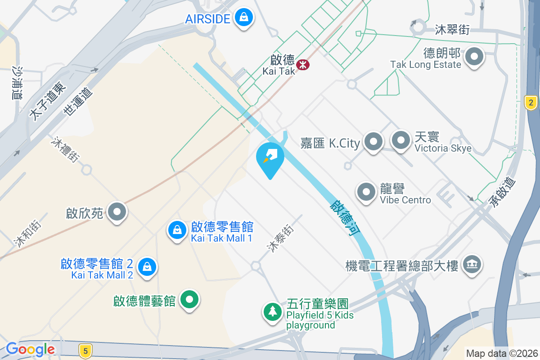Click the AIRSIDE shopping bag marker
pyautogui.click(x=243, y=18)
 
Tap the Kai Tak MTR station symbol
pyautogui.click(x=303, y=64)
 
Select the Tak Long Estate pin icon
pyautogui.click(x=473, y=58)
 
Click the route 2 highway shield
pyautogui.click(x=531, y=103)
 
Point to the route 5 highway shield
pyautogui.click(x=85, y=350)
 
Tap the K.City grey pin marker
pyautogui.click(x=373, y=142)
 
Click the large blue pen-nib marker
pyautogui.click(x=270, y=157)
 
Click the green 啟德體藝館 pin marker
pyautogui.click(x=189, y=299)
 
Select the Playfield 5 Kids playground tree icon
pyautogui.click(x=272, y=311)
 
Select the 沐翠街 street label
pyautogui.click(x=452, y=30)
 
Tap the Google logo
pyautogui.click(x=30, y=349)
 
